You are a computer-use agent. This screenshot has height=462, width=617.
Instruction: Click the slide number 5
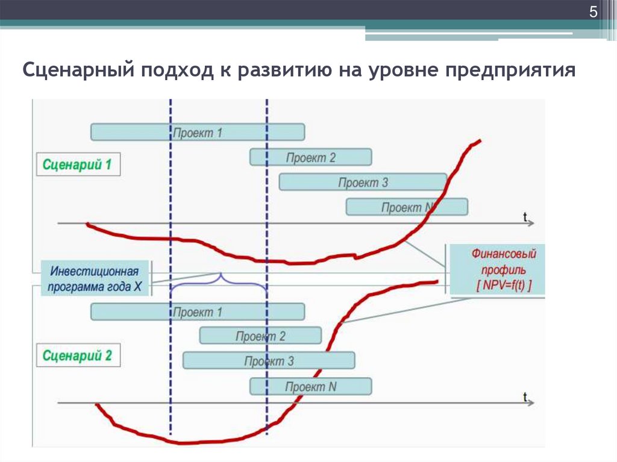593,13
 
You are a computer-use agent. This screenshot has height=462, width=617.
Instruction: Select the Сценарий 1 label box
78,164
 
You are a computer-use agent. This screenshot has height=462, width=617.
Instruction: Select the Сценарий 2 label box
78,355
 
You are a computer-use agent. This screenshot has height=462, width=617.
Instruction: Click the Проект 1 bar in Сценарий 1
198,132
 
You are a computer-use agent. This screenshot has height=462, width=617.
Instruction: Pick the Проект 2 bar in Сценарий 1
311,157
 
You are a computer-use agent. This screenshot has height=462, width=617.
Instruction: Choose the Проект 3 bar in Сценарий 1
363,182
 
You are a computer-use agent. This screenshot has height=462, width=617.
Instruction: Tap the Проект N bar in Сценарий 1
407,207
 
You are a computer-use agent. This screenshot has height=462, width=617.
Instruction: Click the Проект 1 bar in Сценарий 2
198,311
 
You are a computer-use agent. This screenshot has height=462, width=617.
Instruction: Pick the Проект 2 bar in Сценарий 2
260,336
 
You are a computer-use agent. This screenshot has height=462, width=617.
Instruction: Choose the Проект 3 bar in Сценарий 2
269,361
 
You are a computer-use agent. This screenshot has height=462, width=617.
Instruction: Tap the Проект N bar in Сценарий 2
311,386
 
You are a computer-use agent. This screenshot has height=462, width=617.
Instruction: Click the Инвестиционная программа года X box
96,278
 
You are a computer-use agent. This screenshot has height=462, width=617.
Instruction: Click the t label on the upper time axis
525,215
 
